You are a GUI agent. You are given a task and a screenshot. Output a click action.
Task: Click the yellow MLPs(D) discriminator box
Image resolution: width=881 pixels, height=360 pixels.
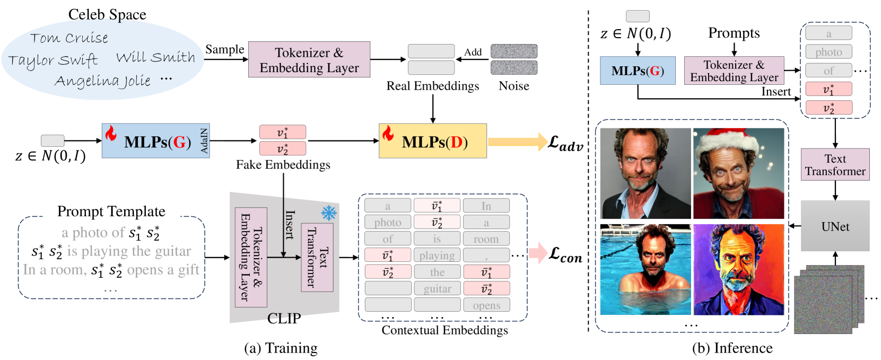pos(433,141)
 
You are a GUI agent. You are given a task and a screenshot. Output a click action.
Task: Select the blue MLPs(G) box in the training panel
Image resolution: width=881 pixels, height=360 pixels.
pos(156,141)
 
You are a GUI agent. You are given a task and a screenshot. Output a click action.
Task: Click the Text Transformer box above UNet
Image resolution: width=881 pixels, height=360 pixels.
pos(835,165)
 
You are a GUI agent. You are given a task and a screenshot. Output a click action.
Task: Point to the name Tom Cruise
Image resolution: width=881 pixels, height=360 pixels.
pos(69,38)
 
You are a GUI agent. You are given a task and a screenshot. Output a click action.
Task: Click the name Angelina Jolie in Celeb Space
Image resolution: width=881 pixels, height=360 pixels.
pos(103,81)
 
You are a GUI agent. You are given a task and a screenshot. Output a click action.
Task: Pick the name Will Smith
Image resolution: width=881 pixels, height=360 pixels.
pos(156,57)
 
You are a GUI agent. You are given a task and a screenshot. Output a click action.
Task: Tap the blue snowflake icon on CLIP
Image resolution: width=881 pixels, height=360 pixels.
pos(329,213)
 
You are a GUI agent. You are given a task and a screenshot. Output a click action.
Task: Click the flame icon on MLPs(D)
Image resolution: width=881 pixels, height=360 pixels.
pos(388,133)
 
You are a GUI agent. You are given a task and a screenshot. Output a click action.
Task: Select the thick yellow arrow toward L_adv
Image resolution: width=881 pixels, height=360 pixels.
pos(518,142)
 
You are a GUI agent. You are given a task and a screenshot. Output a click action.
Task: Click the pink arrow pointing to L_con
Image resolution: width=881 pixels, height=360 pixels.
pos(538,253)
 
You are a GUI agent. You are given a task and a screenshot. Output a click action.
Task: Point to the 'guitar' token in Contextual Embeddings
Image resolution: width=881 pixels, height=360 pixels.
pos(438,288)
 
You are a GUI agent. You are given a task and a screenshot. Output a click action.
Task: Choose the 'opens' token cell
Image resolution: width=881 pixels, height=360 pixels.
pos(486,305)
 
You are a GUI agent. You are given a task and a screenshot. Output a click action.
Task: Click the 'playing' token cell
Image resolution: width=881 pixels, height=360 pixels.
pos(438,256)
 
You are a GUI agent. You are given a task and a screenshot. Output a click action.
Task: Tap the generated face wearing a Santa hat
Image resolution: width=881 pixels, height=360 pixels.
pos(739,173)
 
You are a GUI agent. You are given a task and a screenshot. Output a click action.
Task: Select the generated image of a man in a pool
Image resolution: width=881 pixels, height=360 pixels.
pos(646,270)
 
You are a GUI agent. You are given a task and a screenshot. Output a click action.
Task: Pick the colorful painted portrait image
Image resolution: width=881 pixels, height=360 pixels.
pos(739,270)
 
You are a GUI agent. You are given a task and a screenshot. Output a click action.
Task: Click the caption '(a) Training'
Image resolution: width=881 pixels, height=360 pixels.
pos(281,348)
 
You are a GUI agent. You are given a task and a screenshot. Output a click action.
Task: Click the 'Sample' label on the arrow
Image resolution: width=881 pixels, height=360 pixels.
pos(224,49)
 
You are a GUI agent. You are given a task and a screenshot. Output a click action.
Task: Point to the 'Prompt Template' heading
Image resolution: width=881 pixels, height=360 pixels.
pos(111,212)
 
